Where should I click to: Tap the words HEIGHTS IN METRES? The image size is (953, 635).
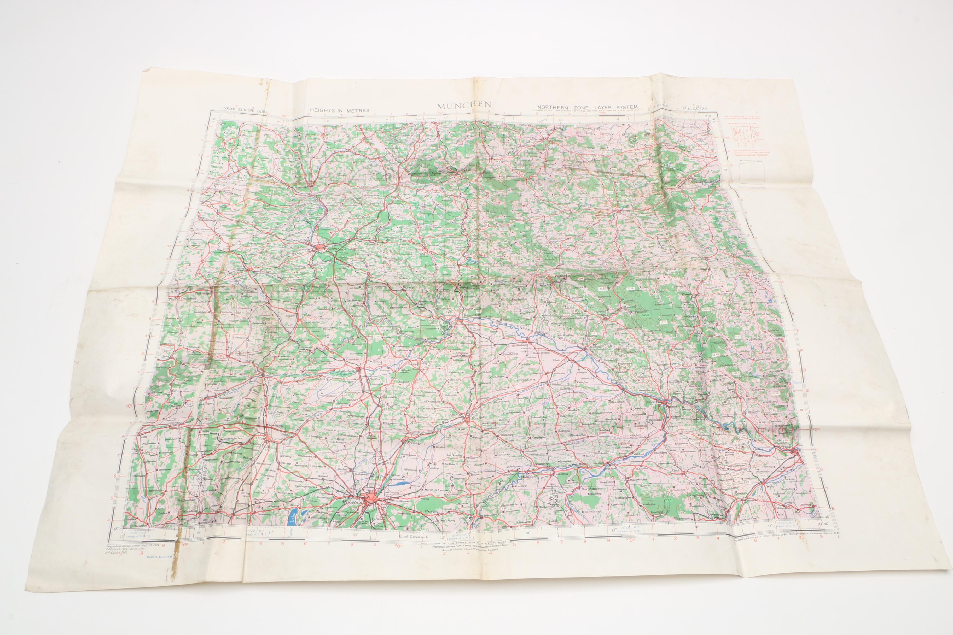coord(340,110)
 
